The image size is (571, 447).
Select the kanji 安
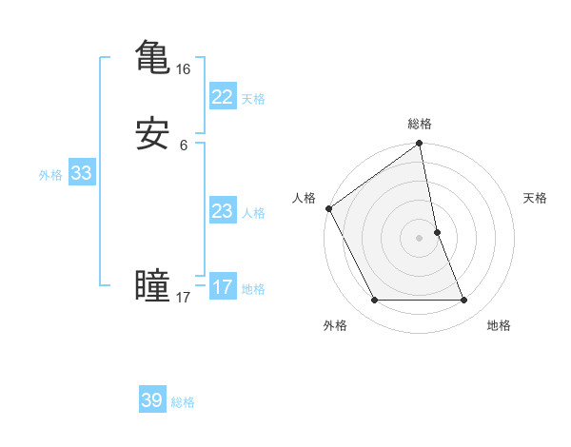pyautogui.click(x=152, y=134)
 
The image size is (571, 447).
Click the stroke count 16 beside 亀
pyautogui.click(x=184, y=69)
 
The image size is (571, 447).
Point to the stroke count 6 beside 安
pyautogui.click(x=184, y=146)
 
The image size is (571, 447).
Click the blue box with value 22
pyautogui.click(x=222, y=97)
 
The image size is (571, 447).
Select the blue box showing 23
pyautogui.click(x=222, y=211)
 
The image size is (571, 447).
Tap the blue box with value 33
pyautogui.click(x=81, y=173)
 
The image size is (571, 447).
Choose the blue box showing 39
pyautogui.click(x=152, y=400)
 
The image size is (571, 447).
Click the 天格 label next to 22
pyautogui.click(x=253, y=99)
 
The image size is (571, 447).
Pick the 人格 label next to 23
pyautogui.click(x=253, y=213)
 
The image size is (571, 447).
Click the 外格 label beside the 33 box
pyautogui.click(x=50, y=175)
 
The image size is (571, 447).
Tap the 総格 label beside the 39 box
pyautogui.click(x=183, y=402)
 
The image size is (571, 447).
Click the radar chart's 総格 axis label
pyautogui.click(x=420, y=124)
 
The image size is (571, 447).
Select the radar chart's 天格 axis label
pyautogui.click(x=536, y=198)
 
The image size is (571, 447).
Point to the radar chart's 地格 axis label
pyautogui.click(x=499, y=325)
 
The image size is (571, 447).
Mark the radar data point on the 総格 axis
pyautogui.click(x=420, y=145)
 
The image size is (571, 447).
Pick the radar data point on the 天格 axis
pyautogui.click(x=438, y=232)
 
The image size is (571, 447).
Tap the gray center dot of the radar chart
pyautogui.click(x=420, y=238)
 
